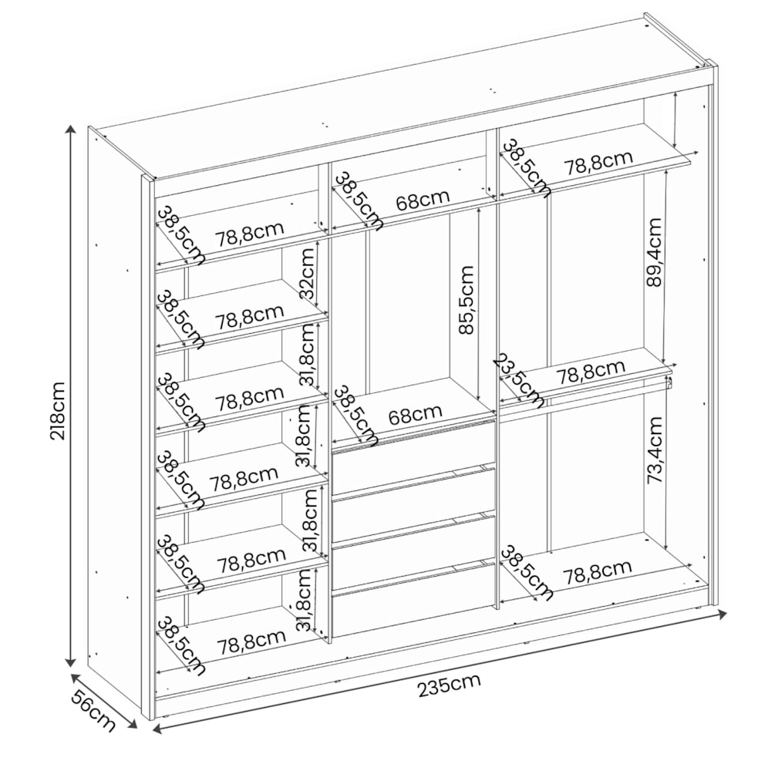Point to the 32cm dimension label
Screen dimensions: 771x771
pyautogui.click(x=307, y=274)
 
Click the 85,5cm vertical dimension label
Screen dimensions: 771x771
pyautogui.click(x=466, y=300)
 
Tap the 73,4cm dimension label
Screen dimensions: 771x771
pyautogui.click(x=655, y=450)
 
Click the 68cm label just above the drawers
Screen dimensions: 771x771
pyautogui.click(x=415, y=414)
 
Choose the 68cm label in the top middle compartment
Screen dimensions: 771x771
pyautogui.click(x=423, y=199)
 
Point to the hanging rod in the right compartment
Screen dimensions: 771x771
pyautogui.click(x=584, y=396)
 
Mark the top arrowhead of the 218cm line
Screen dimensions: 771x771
pyautogui.click(x=71, y=130)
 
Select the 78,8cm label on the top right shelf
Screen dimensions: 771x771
pyautogui.click(x=598, y=162)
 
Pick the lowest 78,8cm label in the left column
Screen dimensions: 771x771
pyautogui.click(x=251, y=640)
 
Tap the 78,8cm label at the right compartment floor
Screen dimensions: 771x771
pyautogui.click(x=598, y=571)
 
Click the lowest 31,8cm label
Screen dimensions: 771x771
pyautogui.click(x=305, y=600)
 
